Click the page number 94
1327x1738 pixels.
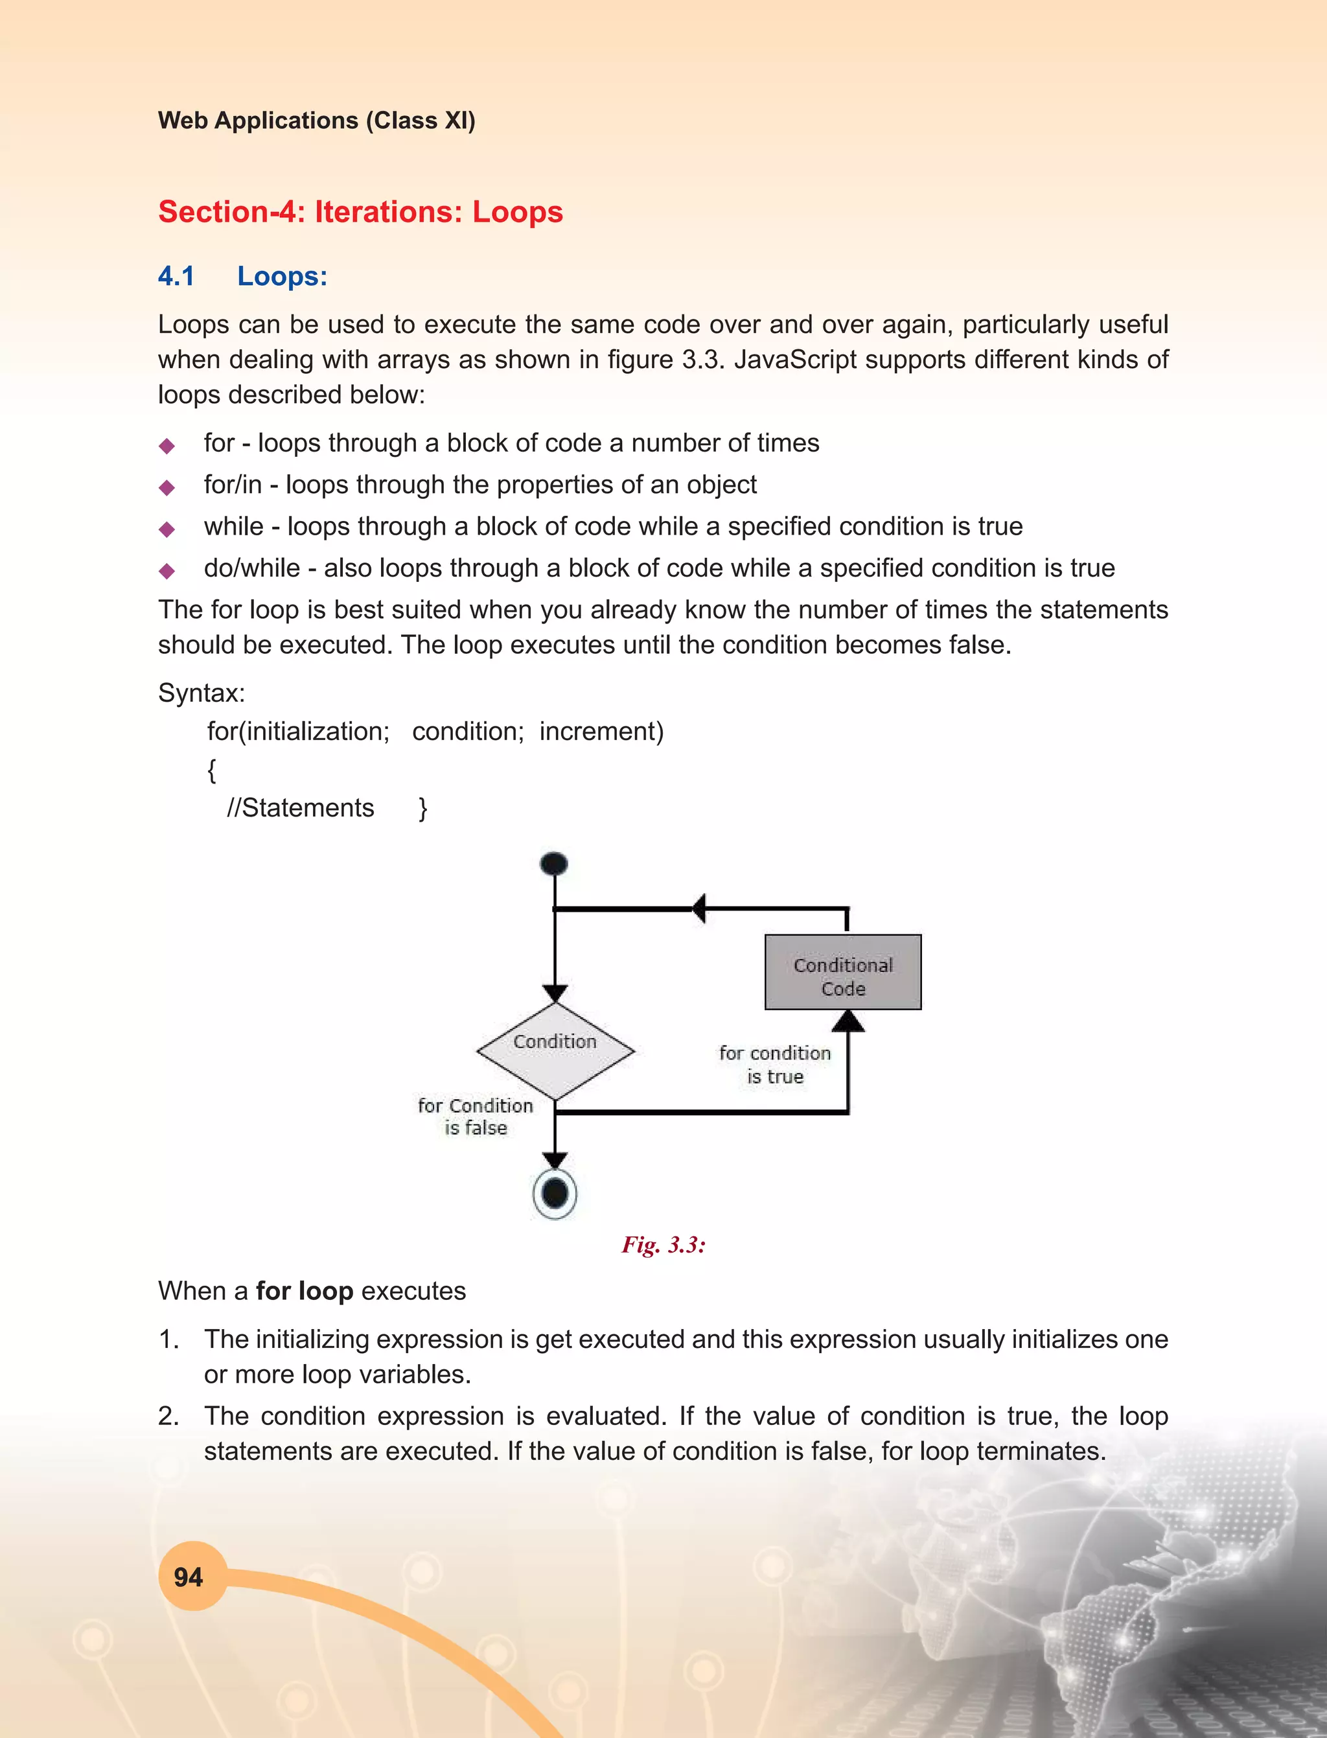pos(188,1577)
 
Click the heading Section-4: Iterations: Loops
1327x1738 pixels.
pos(360,212)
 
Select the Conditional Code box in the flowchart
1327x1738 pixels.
pos(843,971)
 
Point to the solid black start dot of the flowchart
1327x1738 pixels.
pos(554,863)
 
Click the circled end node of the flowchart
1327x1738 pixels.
pos(555,1193)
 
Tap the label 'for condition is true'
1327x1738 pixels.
pos(775,1065)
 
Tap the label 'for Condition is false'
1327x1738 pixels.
pos(476,1117)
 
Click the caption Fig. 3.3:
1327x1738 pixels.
pos(663,1245)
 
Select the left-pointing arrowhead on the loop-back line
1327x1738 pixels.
pos(699,909)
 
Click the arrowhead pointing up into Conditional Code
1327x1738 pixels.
pos(848,1021)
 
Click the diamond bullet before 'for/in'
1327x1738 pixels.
pos(167,487)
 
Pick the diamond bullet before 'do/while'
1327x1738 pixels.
pos(167,570)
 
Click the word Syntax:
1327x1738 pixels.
pos(202,693)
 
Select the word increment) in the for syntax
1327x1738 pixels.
pos(601,732)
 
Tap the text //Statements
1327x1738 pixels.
pos(300,807)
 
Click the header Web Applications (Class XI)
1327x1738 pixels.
pos(316,120)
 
